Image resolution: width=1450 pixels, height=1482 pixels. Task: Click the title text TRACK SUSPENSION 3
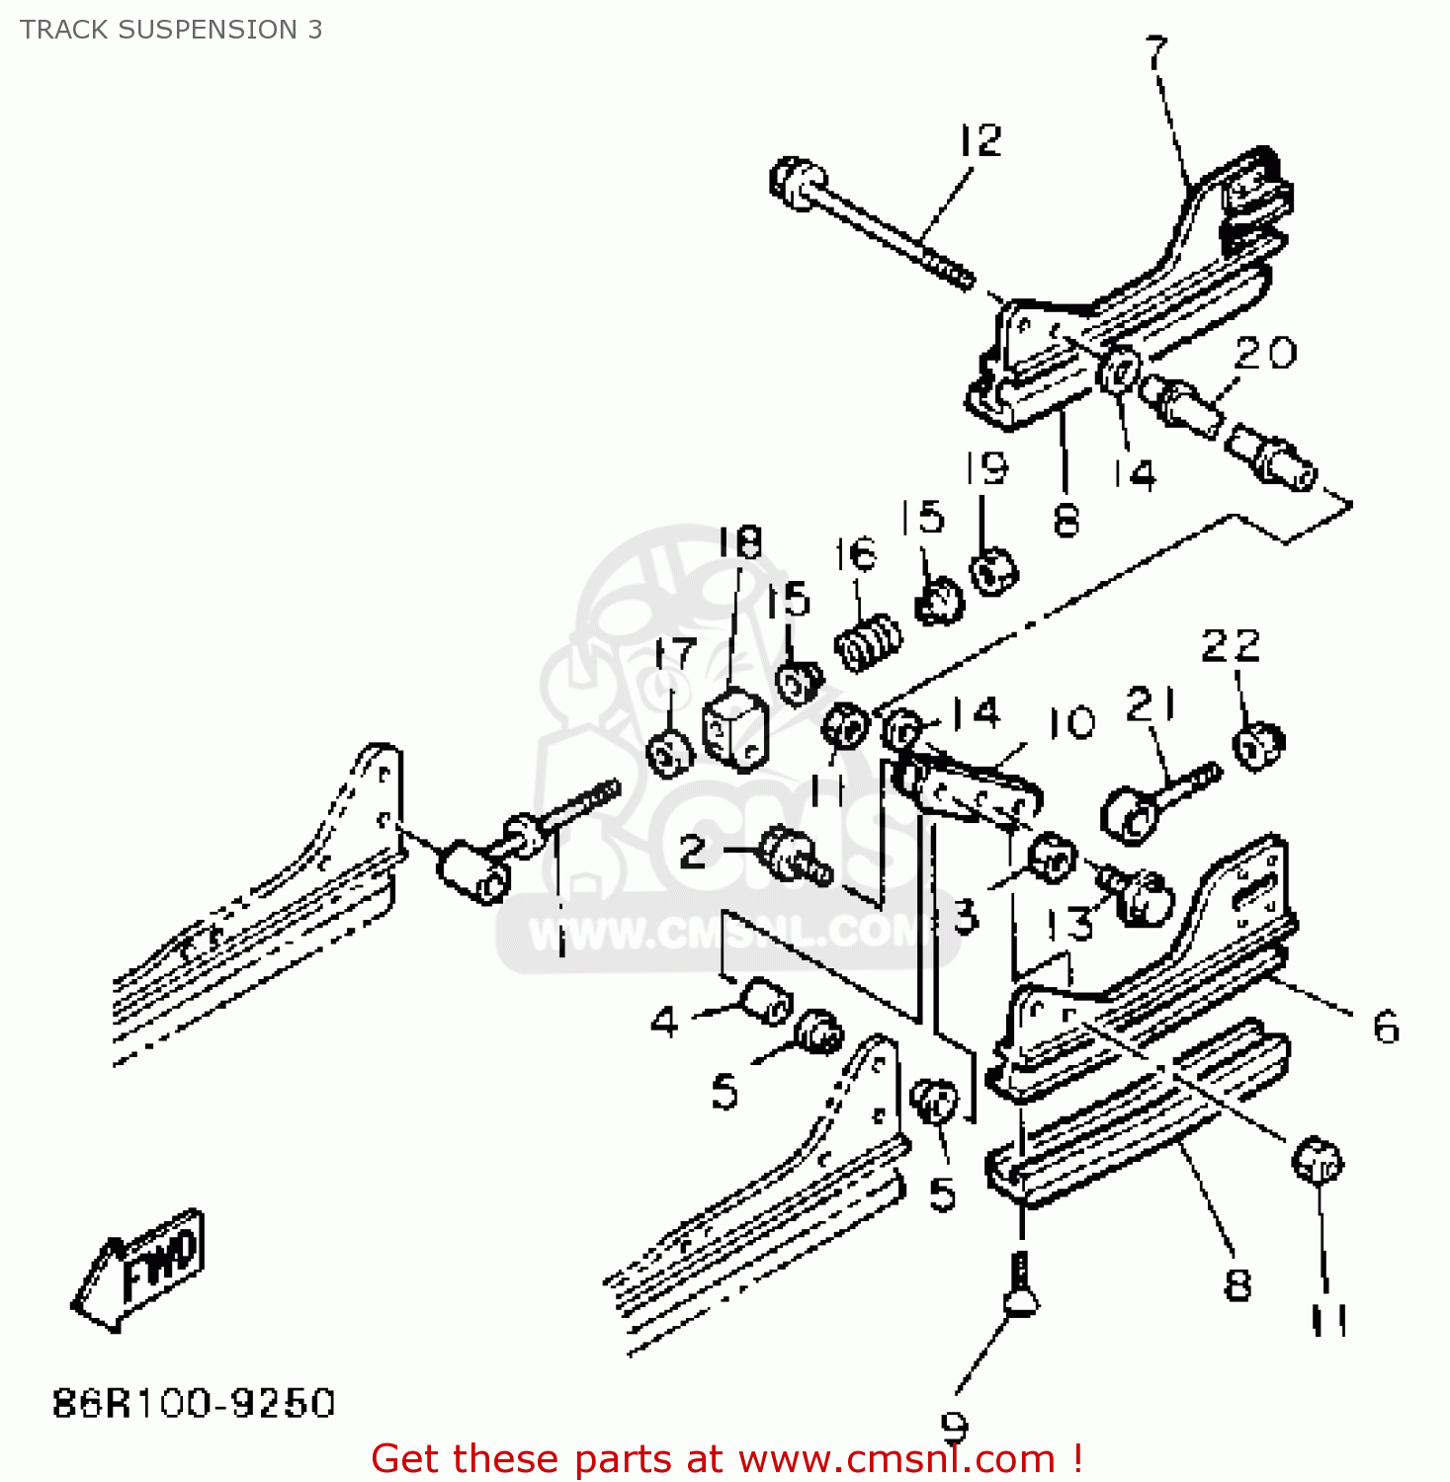pos(171,30)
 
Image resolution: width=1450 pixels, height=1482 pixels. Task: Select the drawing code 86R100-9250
pos(194,1403)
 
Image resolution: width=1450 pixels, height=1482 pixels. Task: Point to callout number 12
pos(981,140)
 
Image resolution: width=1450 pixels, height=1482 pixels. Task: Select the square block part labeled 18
pos(734,727)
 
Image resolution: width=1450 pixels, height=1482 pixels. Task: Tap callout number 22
pos(1231,647)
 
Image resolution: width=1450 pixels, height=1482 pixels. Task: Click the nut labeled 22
pos(1258,745)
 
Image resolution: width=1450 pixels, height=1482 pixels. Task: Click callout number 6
pos(1387,1028)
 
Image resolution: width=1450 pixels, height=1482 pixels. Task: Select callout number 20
pos(1265,353)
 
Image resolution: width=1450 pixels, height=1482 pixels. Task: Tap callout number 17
pos(676,653)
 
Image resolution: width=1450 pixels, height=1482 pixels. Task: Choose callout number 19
pos(986,467)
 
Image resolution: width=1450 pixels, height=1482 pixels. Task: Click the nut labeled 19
pos(992,570)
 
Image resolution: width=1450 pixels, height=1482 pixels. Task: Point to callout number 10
pos(1071,723)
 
